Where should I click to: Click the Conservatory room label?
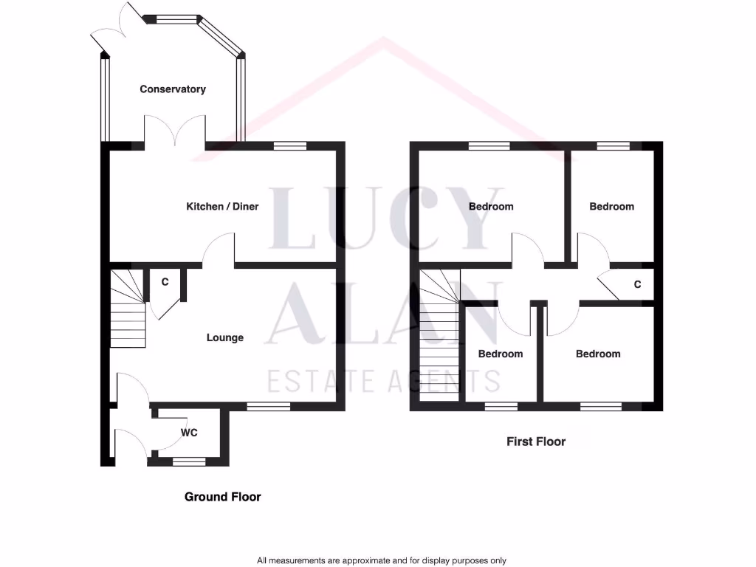pos(173,89)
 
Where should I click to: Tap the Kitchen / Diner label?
pos(222,207)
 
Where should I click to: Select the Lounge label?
pos(224,338)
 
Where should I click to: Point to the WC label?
pos(190,433)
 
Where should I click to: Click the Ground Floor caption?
pos(222,497)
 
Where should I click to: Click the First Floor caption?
pos(536,441)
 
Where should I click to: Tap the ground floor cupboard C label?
pos(165,282)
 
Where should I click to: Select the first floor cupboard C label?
pos(637,284)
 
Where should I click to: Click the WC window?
pos(189,461)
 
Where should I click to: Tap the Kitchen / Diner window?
pos(289,146)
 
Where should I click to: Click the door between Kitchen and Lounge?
pos(220,251)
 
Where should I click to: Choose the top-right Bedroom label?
pos(611,207)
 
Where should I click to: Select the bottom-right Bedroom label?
pos(598,354)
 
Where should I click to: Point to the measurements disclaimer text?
pos(382,560)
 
